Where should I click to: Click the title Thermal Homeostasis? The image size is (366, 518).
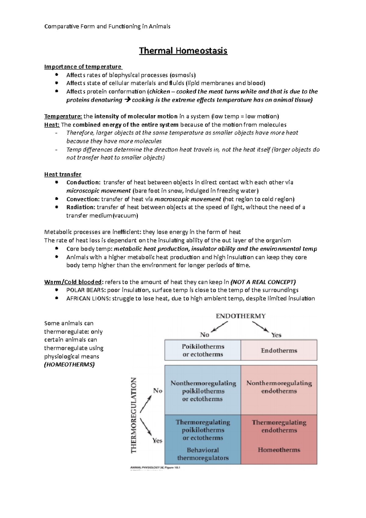(183, 51)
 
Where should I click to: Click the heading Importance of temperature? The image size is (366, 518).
(83, 67)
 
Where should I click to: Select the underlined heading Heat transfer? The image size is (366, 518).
(63, 174)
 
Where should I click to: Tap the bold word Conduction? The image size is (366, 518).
(83, 182)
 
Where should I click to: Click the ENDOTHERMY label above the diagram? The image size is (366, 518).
(241, 316)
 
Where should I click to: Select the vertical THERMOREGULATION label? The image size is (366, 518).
(134, 415)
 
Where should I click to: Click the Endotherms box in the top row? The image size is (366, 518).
(279, 351)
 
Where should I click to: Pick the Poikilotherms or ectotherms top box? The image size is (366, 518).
(203, 351)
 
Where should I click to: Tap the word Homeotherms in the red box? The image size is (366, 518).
(279, 450)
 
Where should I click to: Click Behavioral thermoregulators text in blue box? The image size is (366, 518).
(203, 454)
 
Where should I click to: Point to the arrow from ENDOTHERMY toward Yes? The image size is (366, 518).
(260, 327)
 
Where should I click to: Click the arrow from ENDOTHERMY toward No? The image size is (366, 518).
(220, 327)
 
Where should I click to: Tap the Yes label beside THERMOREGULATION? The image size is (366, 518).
(157, 441)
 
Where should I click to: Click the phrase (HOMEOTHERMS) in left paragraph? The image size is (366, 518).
(70, 365)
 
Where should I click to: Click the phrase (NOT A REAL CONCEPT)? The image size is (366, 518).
(263, 282)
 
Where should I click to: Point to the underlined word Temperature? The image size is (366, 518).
(63, 117)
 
